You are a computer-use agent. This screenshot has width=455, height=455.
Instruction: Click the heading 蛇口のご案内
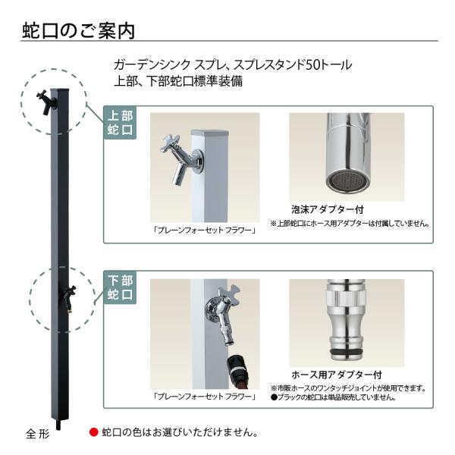[79, 31]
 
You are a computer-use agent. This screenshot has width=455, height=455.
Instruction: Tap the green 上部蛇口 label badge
[120, 123]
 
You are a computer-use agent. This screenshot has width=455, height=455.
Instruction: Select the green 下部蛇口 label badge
[120, 287]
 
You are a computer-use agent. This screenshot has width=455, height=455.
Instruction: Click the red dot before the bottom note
[94, 432]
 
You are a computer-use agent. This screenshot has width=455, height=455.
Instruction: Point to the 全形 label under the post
[38, 434]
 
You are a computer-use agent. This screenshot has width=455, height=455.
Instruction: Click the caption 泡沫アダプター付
[328, 209]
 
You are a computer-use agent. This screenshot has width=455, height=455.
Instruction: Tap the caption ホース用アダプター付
[337, 375]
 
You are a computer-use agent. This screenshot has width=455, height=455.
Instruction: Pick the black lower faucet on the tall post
[70, 298]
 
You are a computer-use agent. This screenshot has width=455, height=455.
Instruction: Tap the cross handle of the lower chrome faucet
[230, 295]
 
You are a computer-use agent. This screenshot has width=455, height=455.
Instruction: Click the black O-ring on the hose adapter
[347, 353]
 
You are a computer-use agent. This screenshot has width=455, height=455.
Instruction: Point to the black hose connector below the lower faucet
[237, 368]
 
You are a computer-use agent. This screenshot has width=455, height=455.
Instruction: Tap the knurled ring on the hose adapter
[346, 299]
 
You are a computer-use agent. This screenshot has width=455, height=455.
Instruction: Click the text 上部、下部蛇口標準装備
[178, 82]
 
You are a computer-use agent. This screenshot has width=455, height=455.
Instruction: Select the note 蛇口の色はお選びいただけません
[180, 432]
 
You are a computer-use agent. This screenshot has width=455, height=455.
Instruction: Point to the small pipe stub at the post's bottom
[58, 425]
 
